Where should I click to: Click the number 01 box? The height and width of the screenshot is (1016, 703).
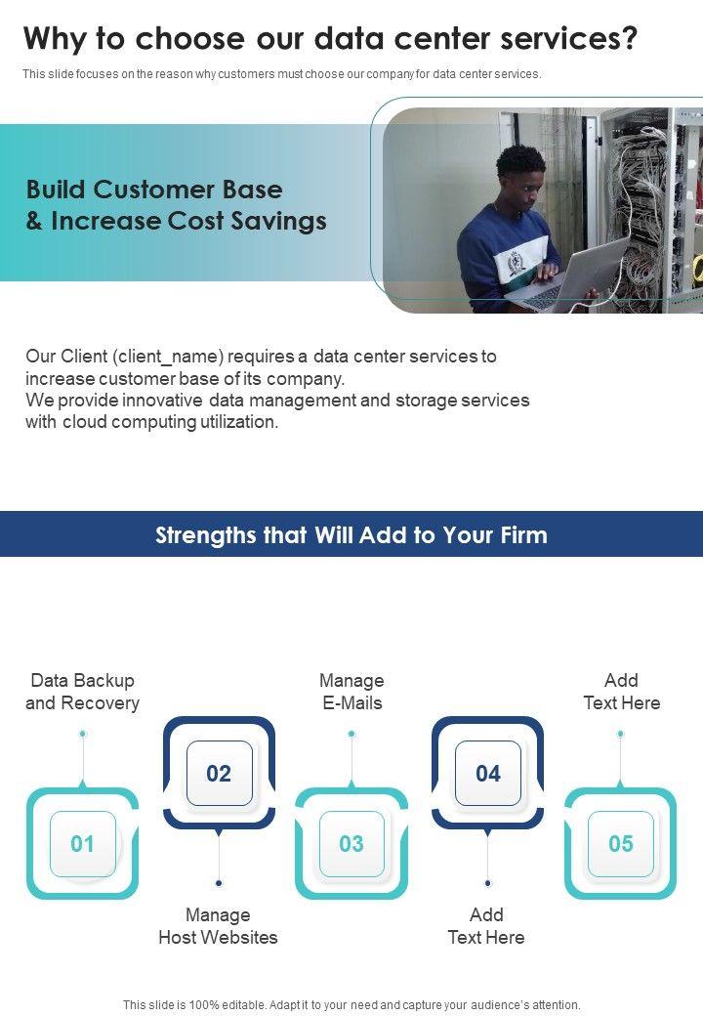pyautogui.click(x=83, y=844)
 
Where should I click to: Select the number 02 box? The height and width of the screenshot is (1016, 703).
pyautogui.click(x=219, y=774)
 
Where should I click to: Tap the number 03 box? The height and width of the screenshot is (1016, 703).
pyautogui.click(x=351, y=844)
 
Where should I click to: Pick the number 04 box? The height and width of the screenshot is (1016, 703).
pyautogui.click(x=487, y=774)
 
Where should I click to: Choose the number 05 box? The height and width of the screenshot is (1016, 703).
pyautogui.click(x=621, y=844)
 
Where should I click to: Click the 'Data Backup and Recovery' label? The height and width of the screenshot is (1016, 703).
pyautogui.click(x=83, y=692)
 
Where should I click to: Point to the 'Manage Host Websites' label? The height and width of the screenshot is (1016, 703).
pyautogui.click(x=219, y=926)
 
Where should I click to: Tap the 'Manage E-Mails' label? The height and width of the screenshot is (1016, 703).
pyautogui.click(x=351, y=692)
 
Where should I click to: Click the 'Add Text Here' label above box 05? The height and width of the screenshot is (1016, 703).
pyautogui.click(x=621, y=692)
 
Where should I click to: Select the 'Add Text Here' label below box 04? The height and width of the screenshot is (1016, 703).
pyautogui.click(x=486, y=926)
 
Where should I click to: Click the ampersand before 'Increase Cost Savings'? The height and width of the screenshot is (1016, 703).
pyautogui.click(x=34, y=222)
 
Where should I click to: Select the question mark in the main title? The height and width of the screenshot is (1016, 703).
pyautogui.click(x=629, y=39)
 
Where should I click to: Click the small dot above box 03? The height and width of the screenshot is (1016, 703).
pyautogui.click(x=351, y=734)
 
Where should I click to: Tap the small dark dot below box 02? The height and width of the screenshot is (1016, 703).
pyautogui.click(x=219, y=883)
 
